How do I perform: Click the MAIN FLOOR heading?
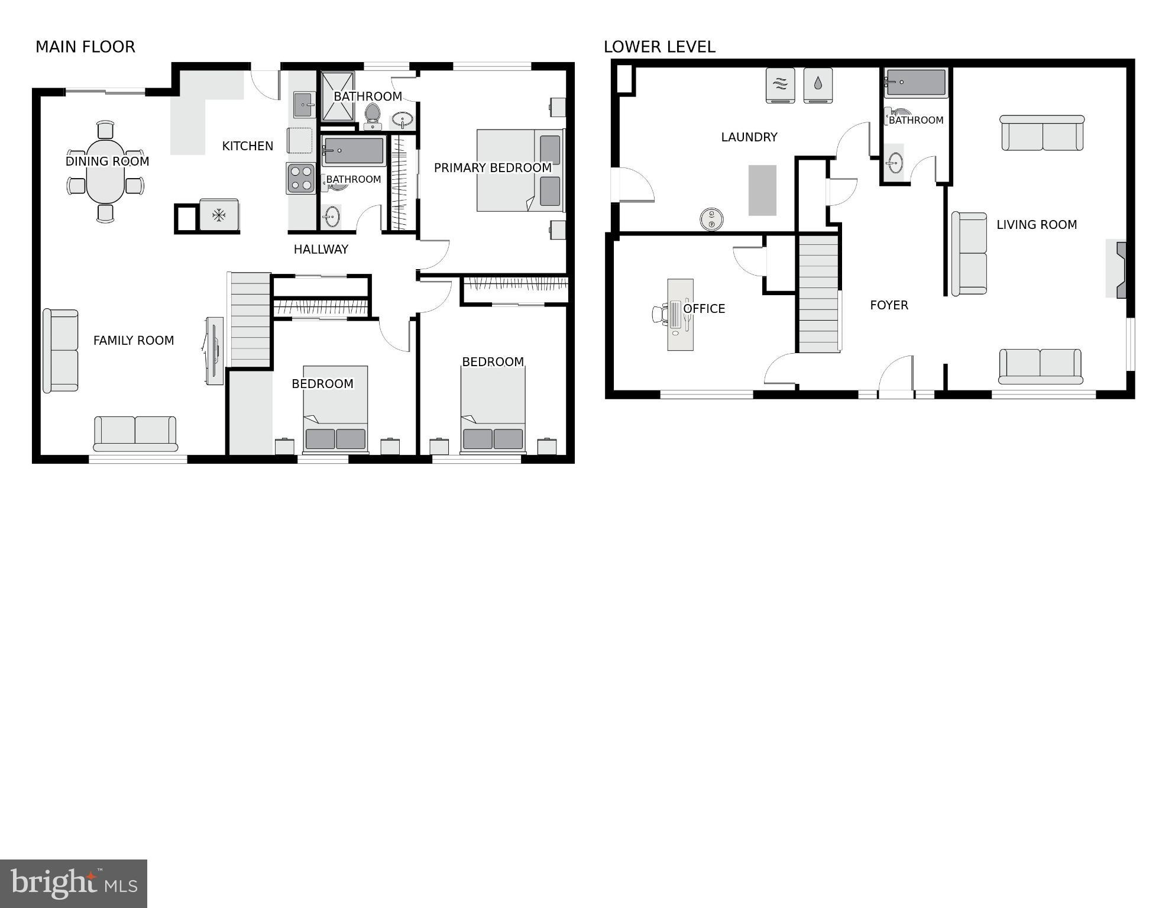(x=85, y=47)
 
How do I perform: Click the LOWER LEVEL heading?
(x=659, y=47)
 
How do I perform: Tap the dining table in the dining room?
(x=105, y=172)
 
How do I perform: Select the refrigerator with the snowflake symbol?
(x=219, y=215)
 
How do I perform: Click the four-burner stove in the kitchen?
(x=300, y=178)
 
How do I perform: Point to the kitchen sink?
(x=305, y=105)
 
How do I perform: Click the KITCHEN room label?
(x=247, y=146)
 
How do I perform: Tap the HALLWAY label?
(x=321, y=249)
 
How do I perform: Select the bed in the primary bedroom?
(x=519, y=170)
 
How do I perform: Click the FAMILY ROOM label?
(x=134, y=340)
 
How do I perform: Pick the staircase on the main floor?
(x=250, y=319)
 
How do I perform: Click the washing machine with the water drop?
(x=818, y=85)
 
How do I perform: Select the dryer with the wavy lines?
(x=780, y=85)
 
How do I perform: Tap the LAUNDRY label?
(x=749, y=137)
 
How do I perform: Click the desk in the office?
(x=680, y=315)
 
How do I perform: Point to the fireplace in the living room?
(x=1117, y=269)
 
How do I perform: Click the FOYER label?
(x=889, y=305)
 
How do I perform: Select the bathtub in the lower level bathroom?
(x=915, y=83)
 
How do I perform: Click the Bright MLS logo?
(x=73, y=884)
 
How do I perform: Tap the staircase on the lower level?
(x=818, y=293)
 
